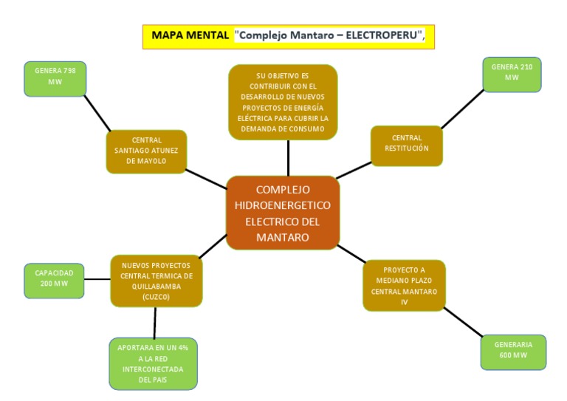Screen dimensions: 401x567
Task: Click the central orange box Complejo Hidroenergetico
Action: [x=283, y=213]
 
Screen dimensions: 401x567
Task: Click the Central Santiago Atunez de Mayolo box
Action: [x=146, y=151]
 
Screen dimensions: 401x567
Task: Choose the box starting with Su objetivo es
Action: [x=283, y=102]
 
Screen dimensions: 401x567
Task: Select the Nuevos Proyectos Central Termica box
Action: [x=156, y=281]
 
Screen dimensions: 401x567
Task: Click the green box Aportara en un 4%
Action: [x=154, y=363]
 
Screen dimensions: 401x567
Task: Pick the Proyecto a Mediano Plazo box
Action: [x=404, y=286]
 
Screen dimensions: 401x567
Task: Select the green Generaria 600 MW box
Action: [x=514, y=351]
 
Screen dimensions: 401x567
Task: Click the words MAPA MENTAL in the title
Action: [x=189, y=35]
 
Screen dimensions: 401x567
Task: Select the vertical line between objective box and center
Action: [x=288, y=157]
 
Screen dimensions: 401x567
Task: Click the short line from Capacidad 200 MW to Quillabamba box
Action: [x=97, y=280]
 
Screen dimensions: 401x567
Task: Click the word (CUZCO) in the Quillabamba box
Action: [x=156, y=297]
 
